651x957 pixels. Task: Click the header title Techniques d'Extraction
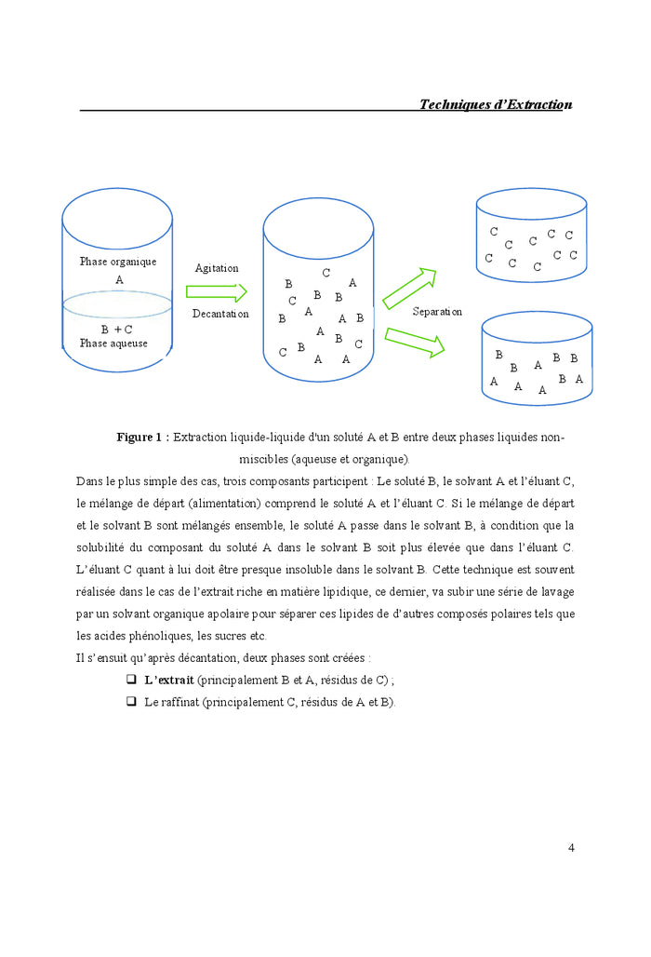tap(495, 104)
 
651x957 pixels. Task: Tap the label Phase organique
tap(118, 262)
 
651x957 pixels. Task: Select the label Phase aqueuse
tap(113, 344)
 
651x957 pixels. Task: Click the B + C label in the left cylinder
tap(116, 330)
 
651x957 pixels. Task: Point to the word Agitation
tap(217, 268)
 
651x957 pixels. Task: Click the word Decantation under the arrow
tap(220, 314)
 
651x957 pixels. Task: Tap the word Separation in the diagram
tap(437, 312)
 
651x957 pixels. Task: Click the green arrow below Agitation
tap(217, 292)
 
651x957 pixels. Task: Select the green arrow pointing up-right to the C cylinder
tap(409, 289)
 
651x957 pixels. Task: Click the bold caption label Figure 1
tap(142, 437)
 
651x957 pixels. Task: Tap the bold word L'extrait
tap(168, 680)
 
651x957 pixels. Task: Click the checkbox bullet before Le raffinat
tap(131, 701)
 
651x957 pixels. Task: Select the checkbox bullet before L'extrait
tap(131, 680)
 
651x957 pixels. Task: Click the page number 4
tap(571, 847)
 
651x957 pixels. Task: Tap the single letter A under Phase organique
tap(119, 279)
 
